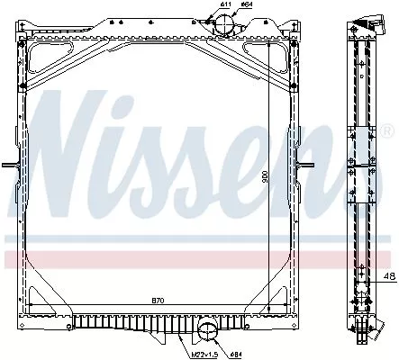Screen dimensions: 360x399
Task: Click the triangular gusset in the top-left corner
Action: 46,63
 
